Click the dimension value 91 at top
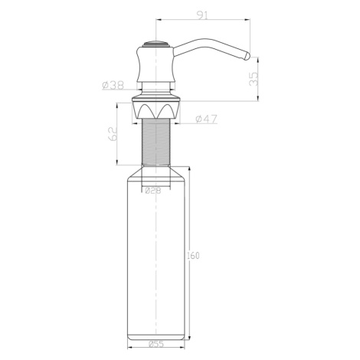(x=202, y=15)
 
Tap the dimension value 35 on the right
(x=254, y=79)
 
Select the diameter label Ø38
(x=113, y=85)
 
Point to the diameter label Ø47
(x=206, y=119)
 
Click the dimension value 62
(x=113, y=133)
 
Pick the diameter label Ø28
(x=153, y=191)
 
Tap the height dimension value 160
(x=193, y=256)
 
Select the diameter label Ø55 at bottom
(x=155, y=344)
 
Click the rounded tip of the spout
(x=247, y=57)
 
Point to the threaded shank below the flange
(x=155, y=142)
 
